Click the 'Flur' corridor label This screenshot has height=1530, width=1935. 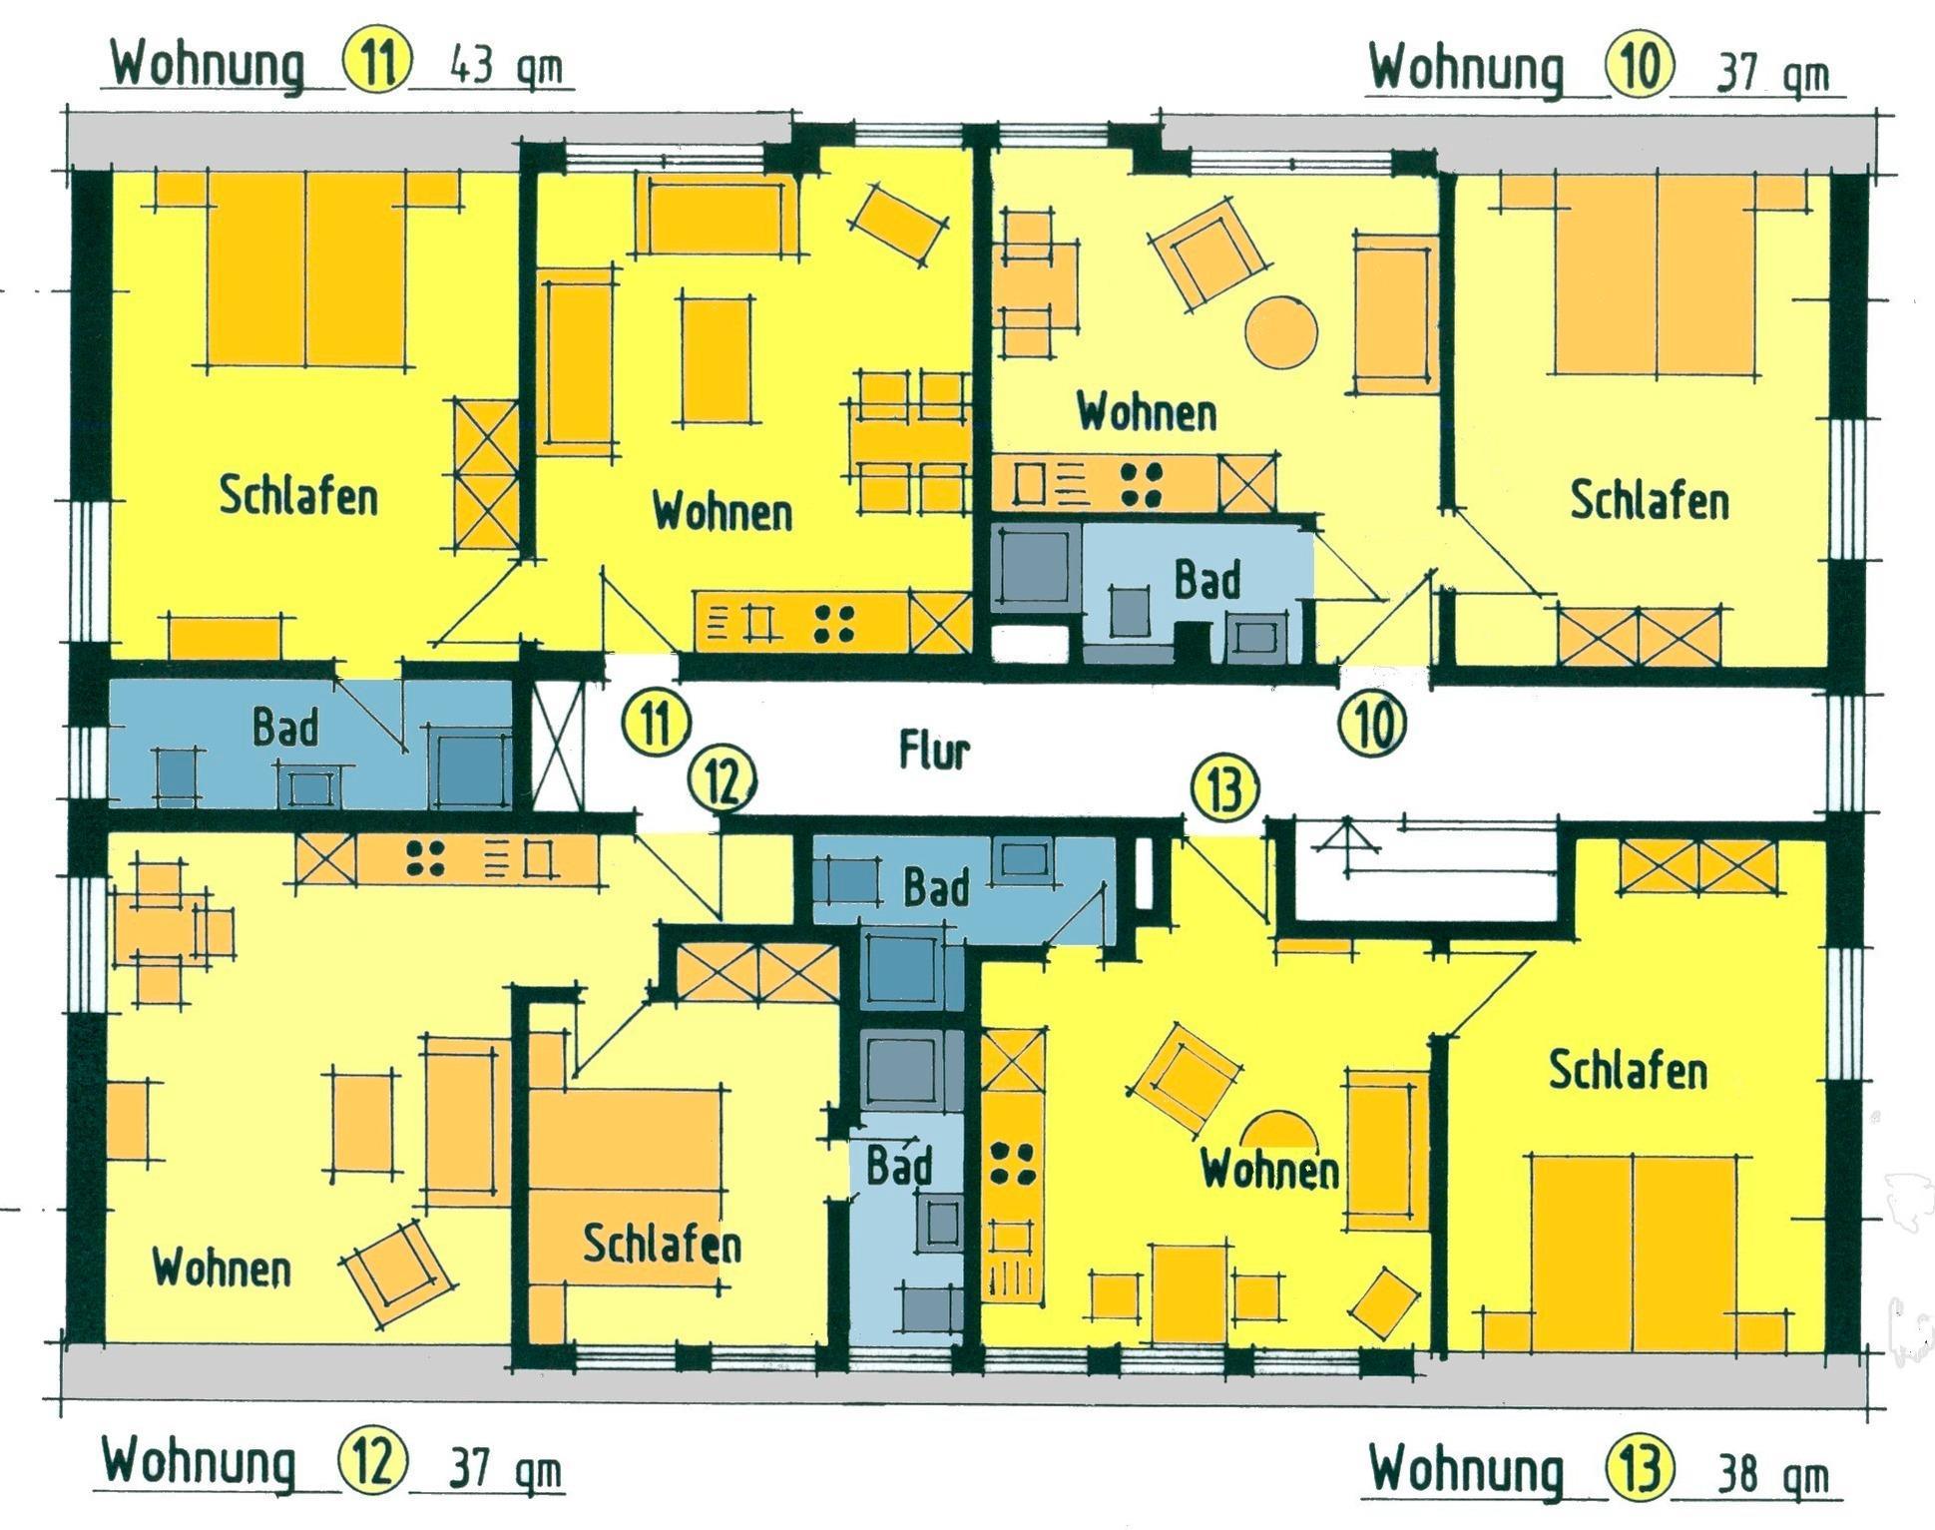coord(934,750)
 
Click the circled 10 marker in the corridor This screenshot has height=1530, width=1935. coord(1373,726)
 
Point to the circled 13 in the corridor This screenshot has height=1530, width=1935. coord(1225,789)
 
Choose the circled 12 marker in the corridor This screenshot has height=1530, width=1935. coord(724,781)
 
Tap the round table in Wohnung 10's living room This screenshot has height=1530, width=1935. coord(1282,331)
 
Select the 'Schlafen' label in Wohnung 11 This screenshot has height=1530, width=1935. coord(298,496)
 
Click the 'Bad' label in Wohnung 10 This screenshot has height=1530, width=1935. coord(1208,580)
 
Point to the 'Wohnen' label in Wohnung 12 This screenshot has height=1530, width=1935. coord(222,1268)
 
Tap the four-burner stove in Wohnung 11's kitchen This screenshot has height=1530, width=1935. coord(833,624)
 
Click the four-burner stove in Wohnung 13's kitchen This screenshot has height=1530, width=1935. coord(1012,1164)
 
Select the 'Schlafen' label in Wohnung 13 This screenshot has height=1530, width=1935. coord(1627,1070)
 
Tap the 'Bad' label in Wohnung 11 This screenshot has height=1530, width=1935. coord(285,727)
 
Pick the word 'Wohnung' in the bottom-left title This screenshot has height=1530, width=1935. coord(200,1463)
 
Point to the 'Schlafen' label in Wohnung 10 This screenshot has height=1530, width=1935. coord(1650,500)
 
